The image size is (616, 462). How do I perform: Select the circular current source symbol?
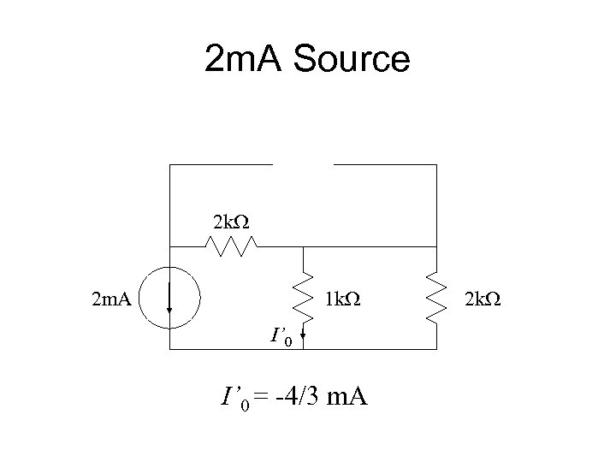pyautogui.click(x=171, y=299)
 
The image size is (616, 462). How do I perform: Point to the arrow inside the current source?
pyautogui.click(x=170, y=304)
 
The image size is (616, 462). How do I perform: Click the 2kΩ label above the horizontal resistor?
pyautogui.click(x=231, y=222)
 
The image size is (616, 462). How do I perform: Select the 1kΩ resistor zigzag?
pyautogui.click(x=302, y=296)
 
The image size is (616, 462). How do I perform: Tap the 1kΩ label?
pyautogui.click(x=342, y=299)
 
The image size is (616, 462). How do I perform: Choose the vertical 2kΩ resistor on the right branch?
pyautogui.click(x=436, y=297)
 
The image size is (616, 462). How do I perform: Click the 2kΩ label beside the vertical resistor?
pyautogui.click(x=481, y=299)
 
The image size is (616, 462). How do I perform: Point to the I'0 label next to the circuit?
pyautogui.click(x=281, y=338)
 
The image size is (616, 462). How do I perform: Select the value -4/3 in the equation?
pyautogui.click(x=296, y=396)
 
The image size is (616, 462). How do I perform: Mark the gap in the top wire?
pyautogui.click(x=303, y=163)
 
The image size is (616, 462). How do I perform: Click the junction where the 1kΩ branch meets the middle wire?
pyautogui.click(x=302, y=246)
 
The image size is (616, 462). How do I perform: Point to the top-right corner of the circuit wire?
pyautogui.click(x=436, y=164)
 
